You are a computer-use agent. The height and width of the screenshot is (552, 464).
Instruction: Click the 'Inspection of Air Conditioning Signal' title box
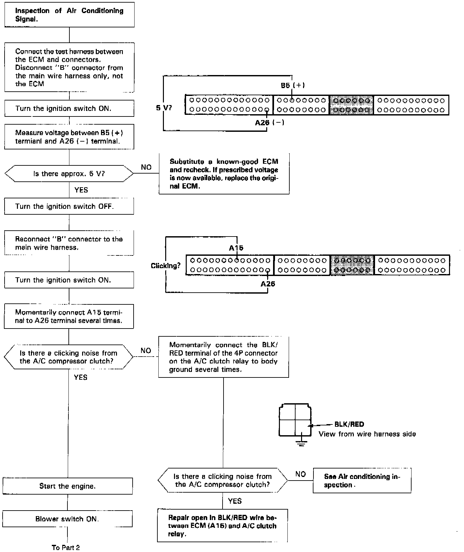click(x=69, y=15)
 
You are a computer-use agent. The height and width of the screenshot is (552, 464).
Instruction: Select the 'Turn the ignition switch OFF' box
click(x=69, y=206)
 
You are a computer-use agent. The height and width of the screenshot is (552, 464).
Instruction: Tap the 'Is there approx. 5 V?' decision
click(x=69, y=174)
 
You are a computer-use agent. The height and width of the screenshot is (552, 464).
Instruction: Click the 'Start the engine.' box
click(x=67, y=486)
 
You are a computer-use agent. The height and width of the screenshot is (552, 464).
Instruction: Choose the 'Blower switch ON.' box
click(x=67, y=519)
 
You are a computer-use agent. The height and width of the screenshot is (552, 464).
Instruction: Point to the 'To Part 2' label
click(x=65, y=547)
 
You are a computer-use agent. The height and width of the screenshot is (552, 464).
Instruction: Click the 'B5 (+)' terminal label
click(x=293, y=85)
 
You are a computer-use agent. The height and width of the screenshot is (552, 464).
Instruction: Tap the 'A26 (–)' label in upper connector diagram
click(x=269, y=123)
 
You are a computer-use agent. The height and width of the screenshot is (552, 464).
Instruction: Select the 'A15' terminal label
click(x=236, y=248)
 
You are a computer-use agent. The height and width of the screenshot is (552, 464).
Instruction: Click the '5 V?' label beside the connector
click(x=164, y=108)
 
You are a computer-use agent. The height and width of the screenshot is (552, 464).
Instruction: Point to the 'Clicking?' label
click(x=166, y=266)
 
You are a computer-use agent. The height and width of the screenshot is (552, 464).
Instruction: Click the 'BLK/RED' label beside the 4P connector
click(x=349, y=424)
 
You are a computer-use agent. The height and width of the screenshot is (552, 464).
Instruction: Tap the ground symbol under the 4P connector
click(x=302, y=443)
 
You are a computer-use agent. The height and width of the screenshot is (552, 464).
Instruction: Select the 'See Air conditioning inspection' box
click(x=362, y=481)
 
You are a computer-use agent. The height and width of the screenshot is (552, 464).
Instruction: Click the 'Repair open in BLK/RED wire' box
click(x=222, y=526)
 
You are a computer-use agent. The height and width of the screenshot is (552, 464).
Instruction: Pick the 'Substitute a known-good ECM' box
click(x=224, y=174)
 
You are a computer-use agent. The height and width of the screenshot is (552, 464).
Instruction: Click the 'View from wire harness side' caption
click(x=367, y=434)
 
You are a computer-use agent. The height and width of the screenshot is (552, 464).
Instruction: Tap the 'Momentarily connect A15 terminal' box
click(x=69, y=316)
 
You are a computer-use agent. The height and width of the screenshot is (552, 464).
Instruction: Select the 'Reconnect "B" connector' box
click(x=69, y=243)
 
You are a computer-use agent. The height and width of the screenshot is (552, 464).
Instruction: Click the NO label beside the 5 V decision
click(x=146, y=167)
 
